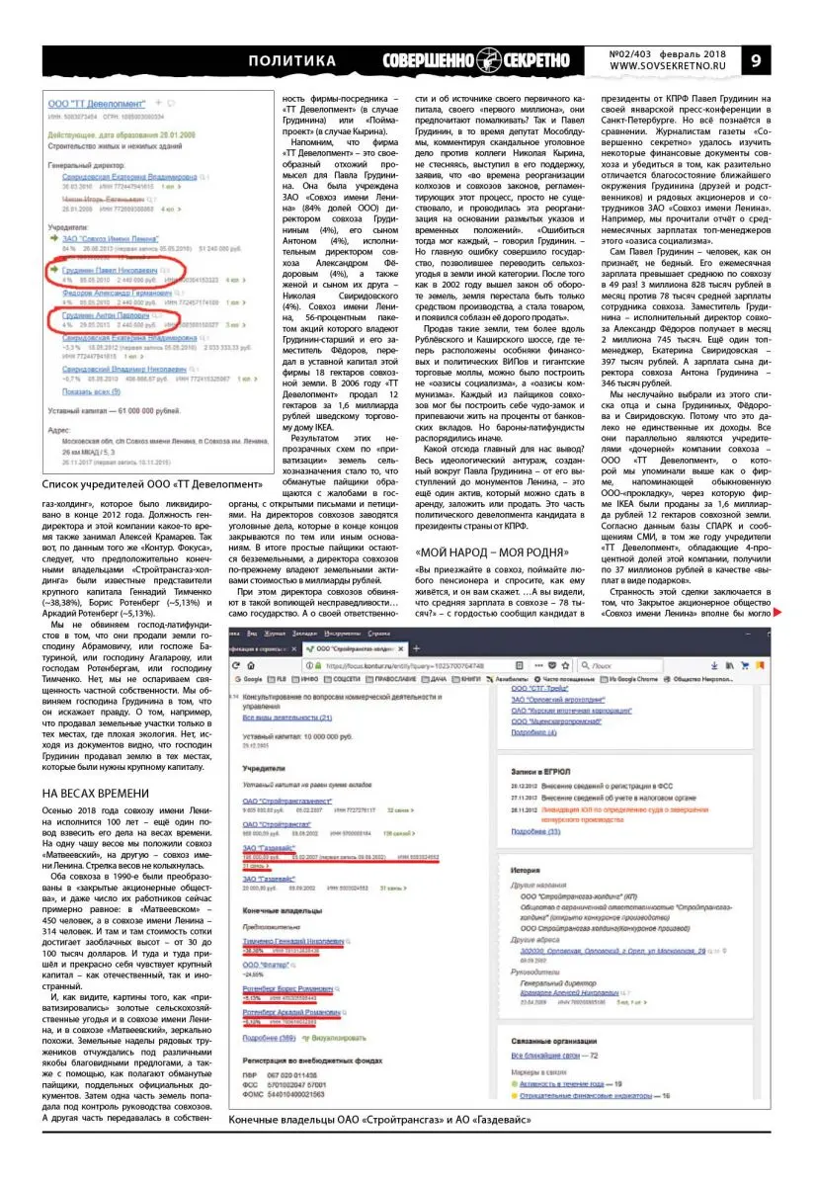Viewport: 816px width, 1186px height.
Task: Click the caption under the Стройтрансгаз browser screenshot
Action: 379,1120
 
